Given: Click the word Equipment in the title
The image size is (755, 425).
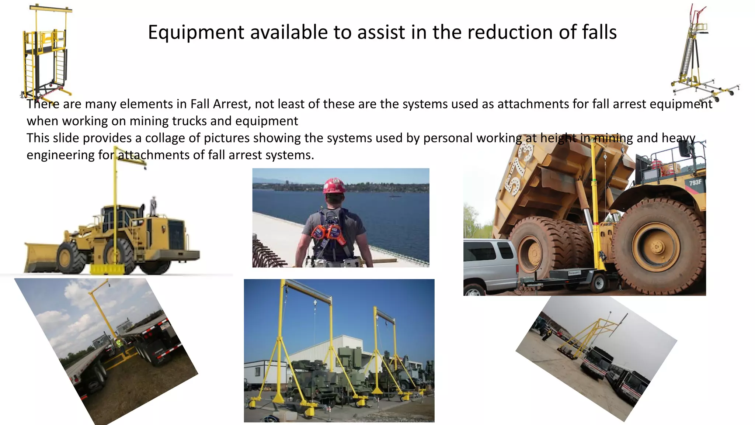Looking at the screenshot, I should click(195, 32).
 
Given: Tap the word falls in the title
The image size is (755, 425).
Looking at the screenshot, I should click(599, 32).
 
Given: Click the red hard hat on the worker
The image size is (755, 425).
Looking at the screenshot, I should click(334, 186).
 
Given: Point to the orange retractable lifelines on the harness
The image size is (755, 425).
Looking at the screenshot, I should click(328, 234).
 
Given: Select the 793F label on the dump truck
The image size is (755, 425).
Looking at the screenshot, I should click(695, 183).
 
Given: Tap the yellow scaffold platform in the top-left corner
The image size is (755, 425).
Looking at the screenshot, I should click(46, 52).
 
